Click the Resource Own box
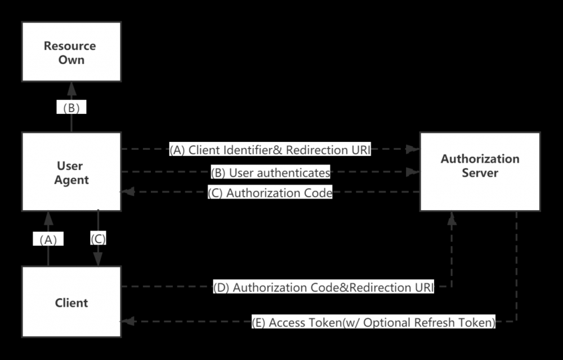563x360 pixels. click(72, 52)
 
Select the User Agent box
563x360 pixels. click(72, 172)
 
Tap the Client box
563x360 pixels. click(72, 303)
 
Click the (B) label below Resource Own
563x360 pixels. click(72, 108)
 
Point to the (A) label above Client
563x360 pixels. click(48, 239)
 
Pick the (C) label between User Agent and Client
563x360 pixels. click(98, 239)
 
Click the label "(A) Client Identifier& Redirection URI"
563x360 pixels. click(270, 150)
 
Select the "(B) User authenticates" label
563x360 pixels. click(270, 172)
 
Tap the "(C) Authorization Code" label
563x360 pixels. click(270, 193)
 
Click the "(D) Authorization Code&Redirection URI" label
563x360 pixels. click(324, 287)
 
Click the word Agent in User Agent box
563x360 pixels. click(72, 180)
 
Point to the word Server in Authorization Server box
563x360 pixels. click(480, 173)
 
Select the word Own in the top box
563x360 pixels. click(72, 60)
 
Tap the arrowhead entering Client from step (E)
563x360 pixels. click(127, 322)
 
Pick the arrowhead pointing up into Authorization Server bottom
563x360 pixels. click(452, 217)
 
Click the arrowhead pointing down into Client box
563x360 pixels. click(98, 260)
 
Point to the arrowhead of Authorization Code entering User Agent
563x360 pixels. click(127, 192)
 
